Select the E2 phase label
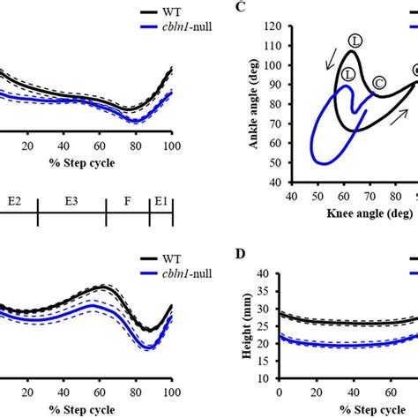click(13, 200)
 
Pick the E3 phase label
click(71, 200)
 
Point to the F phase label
click(127, 200)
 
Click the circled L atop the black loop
click(355, 41)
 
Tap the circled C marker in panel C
click(379, 83)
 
